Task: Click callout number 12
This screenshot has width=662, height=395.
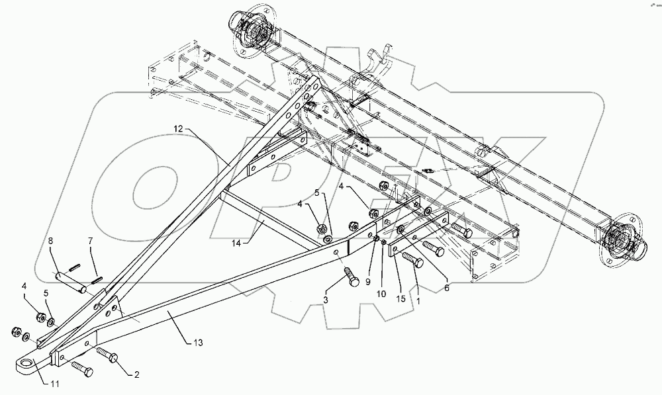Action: point(178,127)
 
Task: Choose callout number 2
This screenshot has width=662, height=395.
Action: point(137,375)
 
